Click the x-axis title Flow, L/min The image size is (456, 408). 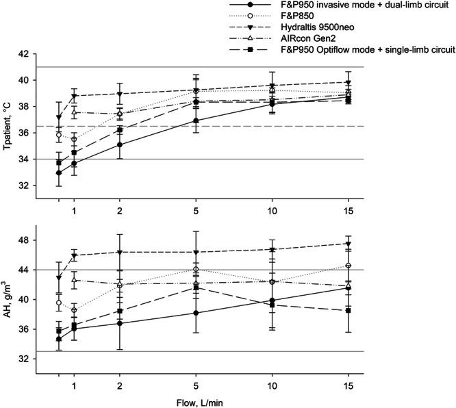tap(233, 400)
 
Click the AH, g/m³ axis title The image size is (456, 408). tap(8, 299)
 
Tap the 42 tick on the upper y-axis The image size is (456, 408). tap(24, 53)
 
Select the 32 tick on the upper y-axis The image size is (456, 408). tap(24, 186)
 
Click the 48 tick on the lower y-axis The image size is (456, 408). tap(24, 240)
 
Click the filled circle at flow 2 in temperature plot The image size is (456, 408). tap(120, 144)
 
